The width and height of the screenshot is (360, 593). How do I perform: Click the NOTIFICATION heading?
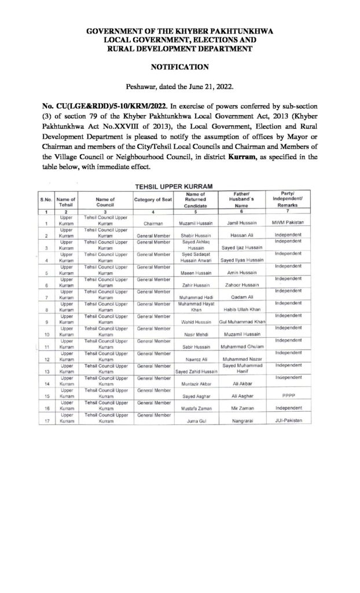(x=179, y=67)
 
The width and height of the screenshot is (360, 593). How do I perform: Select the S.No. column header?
(x=46, y=200)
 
